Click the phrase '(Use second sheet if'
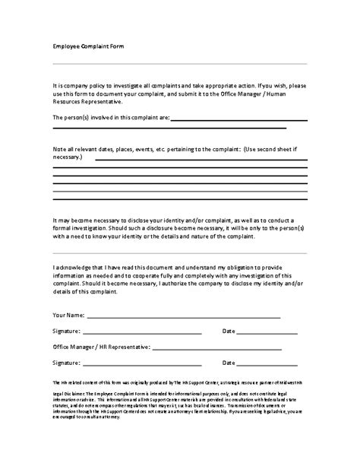coord(276,144)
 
